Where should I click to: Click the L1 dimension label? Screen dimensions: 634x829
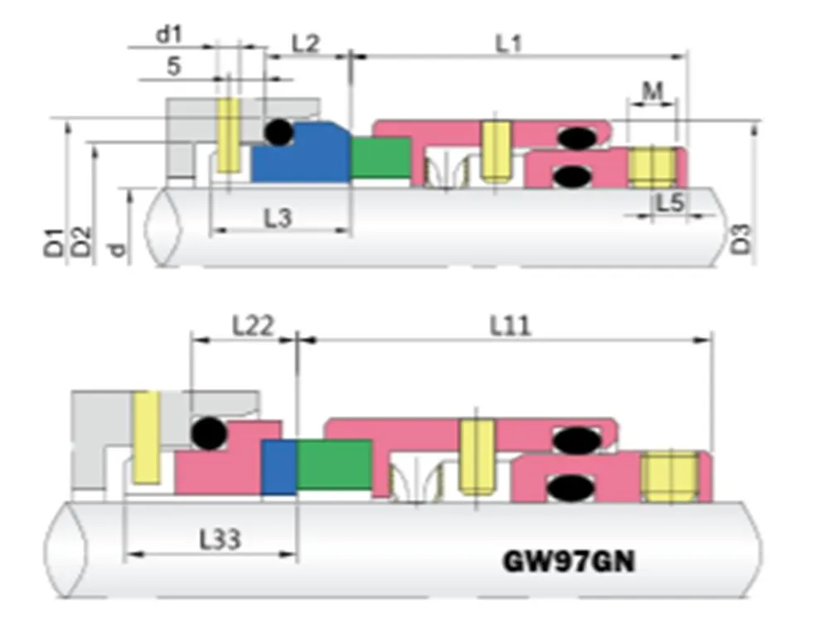(x=508, y=42)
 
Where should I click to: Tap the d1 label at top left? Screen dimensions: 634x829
(x=168, y=35)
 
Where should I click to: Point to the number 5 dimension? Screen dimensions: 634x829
(x=173, y=67)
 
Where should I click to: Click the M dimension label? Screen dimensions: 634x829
(x=652, y=91)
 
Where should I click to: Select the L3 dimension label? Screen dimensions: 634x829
(x=278, y=218)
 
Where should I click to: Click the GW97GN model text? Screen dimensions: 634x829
(x=570, y=562)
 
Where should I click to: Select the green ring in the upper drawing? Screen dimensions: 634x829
(x=381, y=157)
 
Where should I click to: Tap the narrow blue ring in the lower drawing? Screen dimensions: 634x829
(x=279, y=467)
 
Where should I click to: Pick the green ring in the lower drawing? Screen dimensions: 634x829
(x=334, y=464)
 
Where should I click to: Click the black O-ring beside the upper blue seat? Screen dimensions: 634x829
(x=279, y=133)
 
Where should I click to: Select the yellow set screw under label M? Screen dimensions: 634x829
(x=654, y=167)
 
